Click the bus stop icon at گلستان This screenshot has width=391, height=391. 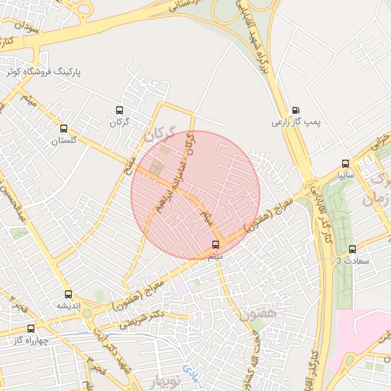point(63,129)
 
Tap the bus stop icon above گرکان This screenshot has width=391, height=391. point(118,111)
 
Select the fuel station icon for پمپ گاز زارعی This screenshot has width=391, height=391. point(296,110)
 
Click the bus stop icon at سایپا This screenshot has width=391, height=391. point(346,163)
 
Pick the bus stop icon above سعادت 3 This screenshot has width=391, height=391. point(352,249)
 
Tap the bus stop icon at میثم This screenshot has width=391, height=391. point(215,244)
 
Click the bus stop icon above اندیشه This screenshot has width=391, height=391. point(69,294)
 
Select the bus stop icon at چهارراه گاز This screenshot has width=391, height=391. point(32,329)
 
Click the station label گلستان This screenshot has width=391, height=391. point(64,141)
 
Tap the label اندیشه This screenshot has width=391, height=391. point(68,305)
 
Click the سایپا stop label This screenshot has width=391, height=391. point(346,175)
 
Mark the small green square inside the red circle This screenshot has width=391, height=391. point(157,166)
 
